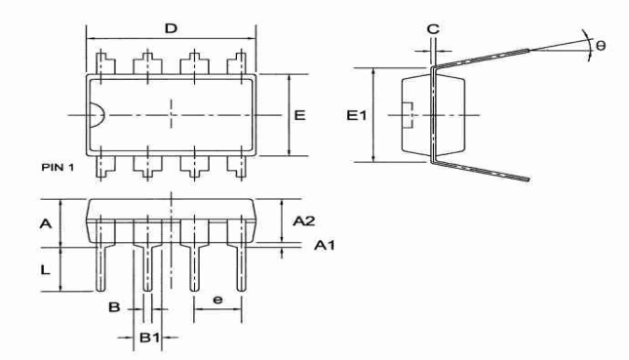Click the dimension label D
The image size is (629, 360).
pos(171,28)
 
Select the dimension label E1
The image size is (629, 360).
pos(357,115)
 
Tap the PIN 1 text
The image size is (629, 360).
pos(58,167)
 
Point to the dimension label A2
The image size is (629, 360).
pos(303,220)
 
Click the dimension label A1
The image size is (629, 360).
pos(324,245)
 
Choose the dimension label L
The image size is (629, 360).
pos(45,269)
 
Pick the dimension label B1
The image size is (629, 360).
pos(149,338)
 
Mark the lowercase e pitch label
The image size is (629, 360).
pos(217,300)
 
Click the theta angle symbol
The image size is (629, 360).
pos(601,45)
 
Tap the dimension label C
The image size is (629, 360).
pos(433,29)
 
